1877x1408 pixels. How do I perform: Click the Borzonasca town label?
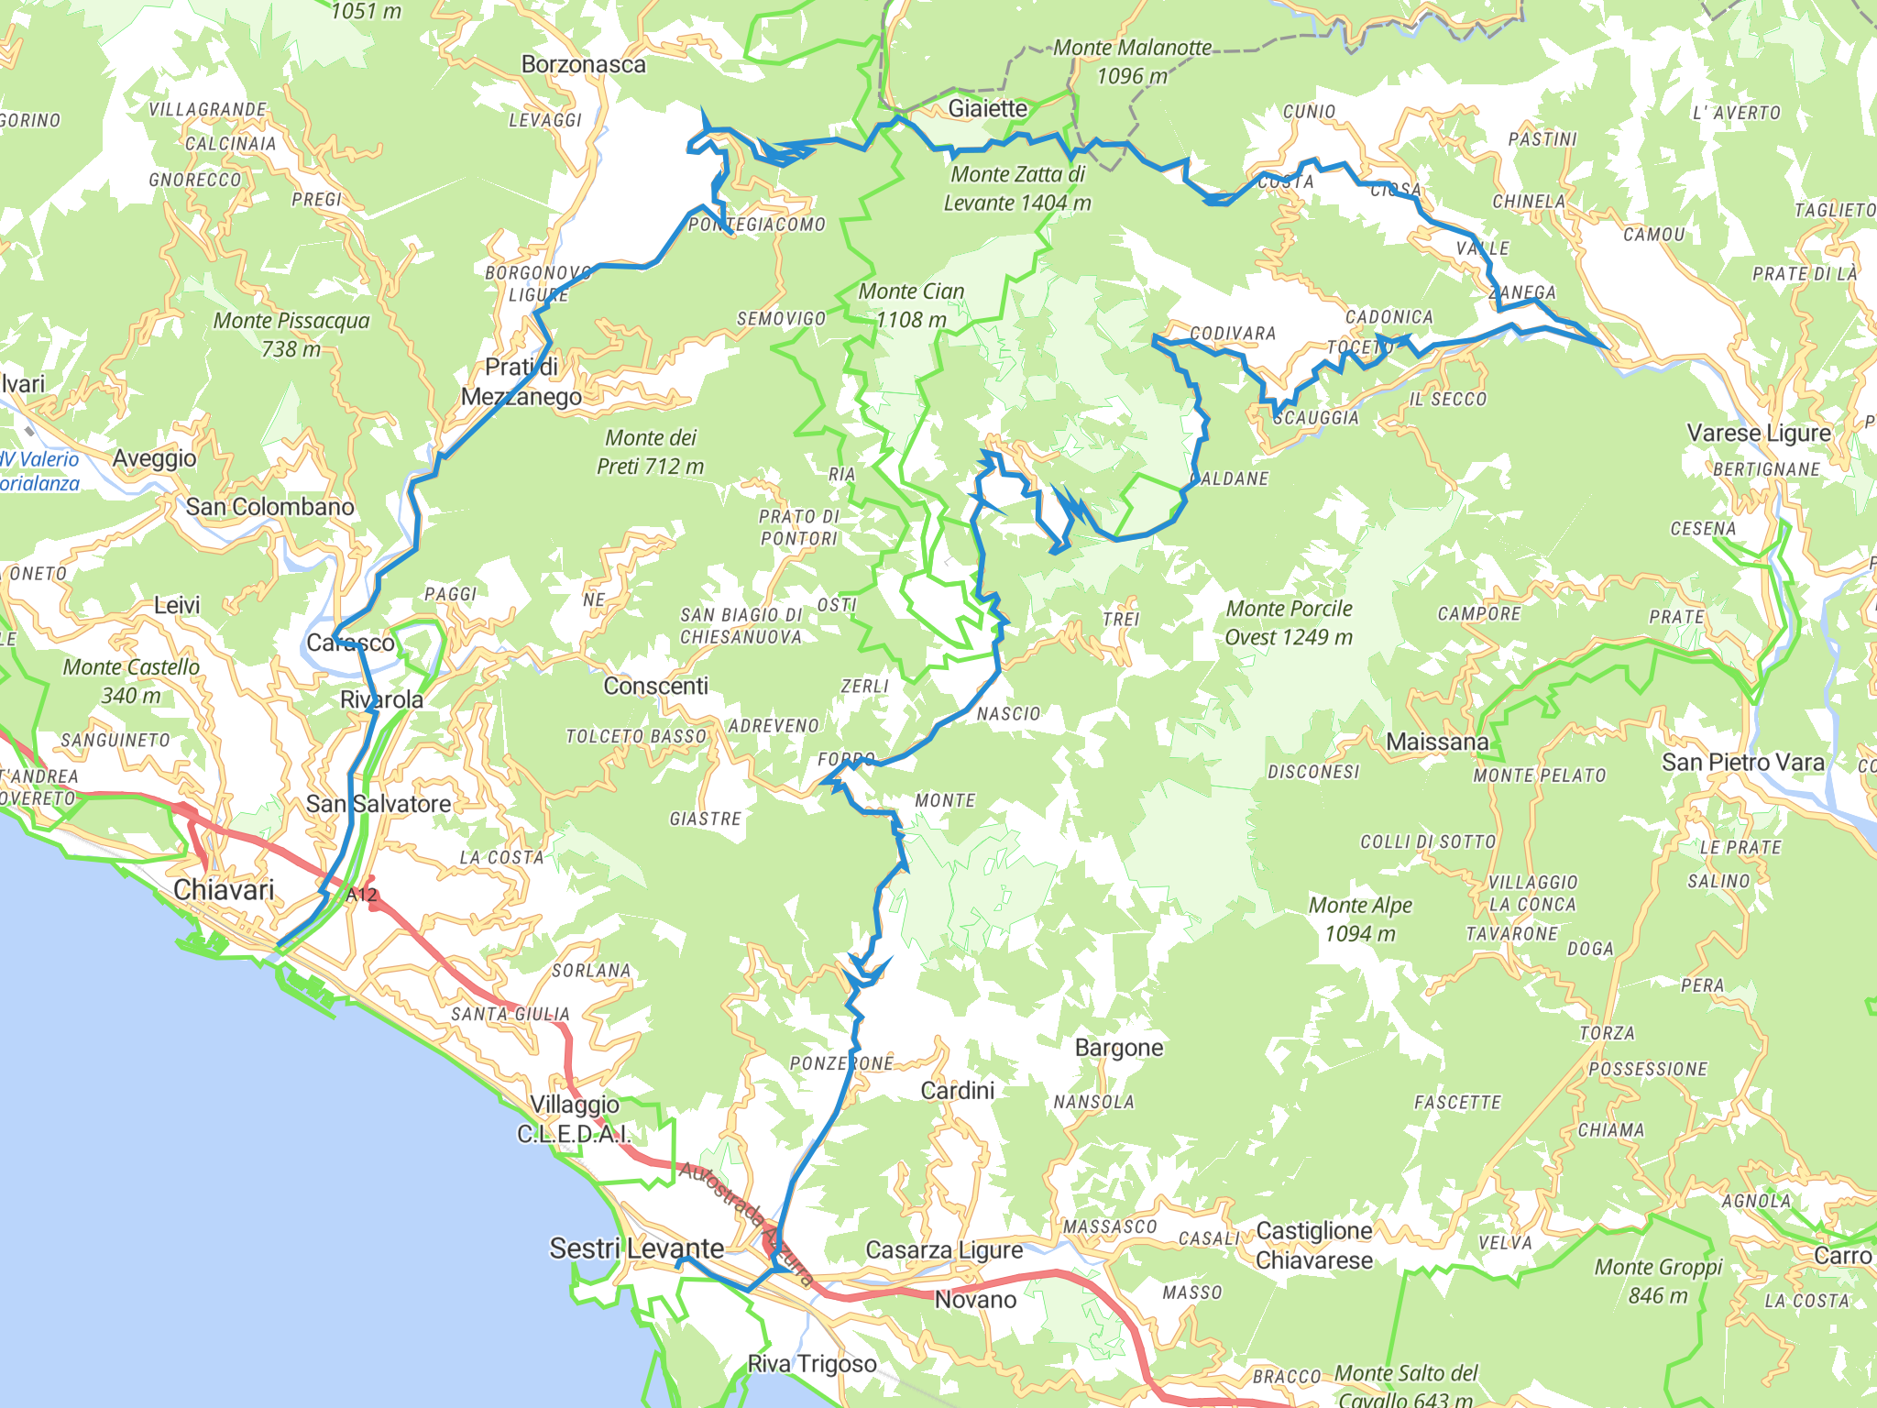coord(583,64)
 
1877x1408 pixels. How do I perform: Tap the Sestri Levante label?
coord(636,1248)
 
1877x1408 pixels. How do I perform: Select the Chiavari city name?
coord(224,889)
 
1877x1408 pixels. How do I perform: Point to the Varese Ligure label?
coord(1758,433)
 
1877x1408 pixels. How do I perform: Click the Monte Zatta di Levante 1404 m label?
coord(1017,188)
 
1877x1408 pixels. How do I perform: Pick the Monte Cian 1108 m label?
coord(911,305)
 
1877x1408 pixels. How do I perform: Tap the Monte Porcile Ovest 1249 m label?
coord(1289,622)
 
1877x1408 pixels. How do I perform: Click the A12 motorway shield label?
coord(361,895)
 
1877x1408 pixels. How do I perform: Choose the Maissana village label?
coord(1437,742)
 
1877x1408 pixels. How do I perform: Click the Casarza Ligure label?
coord(944,1249)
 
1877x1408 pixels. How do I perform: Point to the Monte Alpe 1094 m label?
coord(1360,919)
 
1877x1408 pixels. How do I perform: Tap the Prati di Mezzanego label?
coord(521,381)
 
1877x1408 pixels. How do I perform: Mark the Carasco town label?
coord(350,643)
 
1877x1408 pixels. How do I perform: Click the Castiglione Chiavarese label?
coord(1313,1245)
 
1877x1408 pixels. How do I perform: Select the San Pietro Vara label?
coord(1742,762)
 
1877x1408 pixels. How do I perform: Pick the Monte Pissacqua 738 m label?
coord(291,335)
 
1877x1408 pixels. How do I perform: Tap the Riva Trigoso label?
coord(812,1364)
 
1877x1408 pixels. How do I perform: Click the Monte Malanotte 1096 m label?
coord(1132,61)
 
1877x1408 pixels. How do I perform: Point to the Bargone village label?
coord(1118,1047)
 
